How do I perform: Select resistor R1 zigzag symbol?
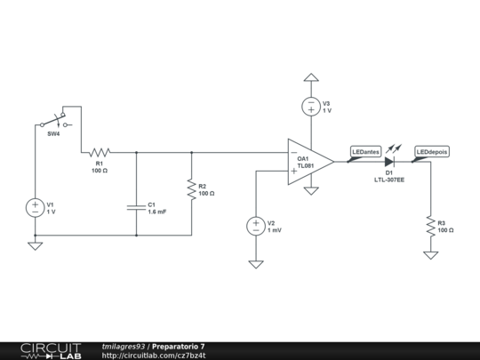(x=99, y=152)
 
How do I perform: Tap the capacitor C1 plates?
(x=136, y=207)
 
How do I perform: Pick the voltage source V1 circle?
(x=36, y=207)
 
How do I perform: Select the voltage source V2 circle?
(x=255, y=226)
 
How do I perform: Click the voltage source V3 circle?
(x=310, y=107)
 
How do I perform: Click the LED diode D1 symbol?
(x=389, y=162)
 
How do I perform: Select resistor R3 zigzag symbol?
(x=430, y=225)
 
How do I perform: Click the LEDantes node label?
(x=365, y=152)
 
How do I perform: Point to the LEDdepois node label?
(x=432, y=152)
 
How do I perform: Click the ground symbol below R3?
(x=430, y=255)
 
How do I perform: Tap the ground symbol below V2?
(x=255, y=264)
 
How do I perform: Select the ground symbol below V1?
(x=36, y=245)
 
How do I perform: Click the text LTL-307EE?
(x=389, y=180)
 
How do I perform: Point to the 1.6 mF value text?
(x=157, y=212)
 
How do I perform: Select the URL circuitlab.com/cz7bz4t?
(x=154, y=355)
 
